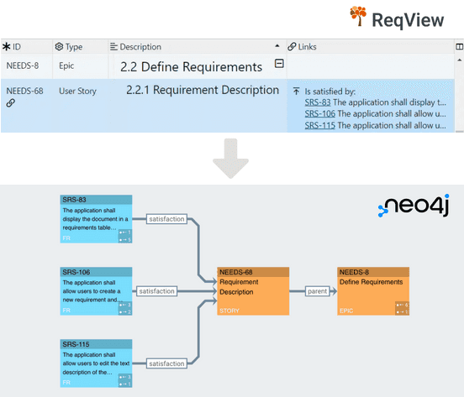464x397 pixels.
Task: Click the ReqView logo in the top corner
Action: coord(403,18)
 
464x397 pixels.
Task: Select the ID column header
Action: coord(17,47)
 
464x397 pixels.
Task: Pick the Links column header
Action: coord(308,47)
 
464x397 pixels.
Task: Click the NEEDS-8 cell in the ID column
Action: coord(23,65)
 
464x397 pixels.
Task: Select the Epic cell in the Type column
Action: coord(68,65)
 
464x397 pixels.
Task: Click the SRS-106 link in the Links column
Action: coord(319,113)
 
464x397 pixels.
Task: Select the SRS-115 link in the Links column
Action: coord(319,125)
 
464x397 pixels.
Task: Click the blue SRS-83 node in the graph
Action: coord(97,219)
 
